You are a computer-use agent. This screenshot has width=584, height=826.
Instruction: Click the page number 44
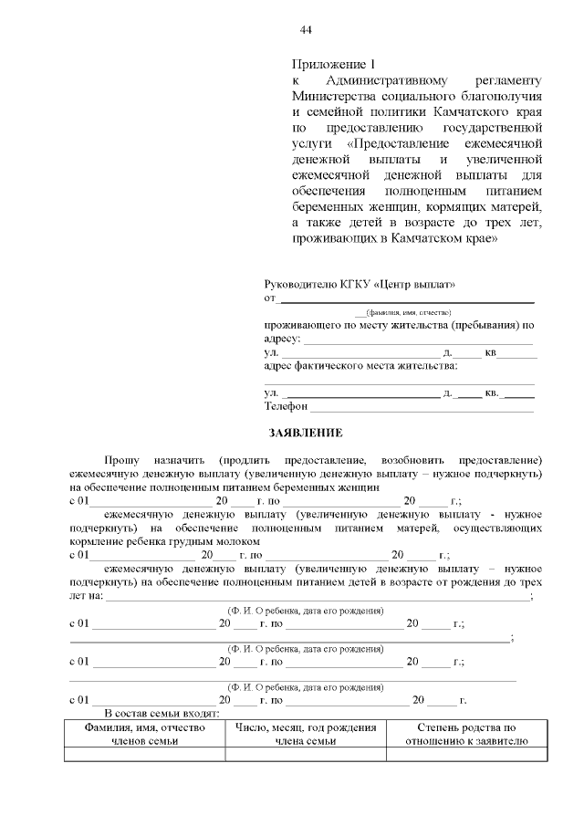click(307, 30)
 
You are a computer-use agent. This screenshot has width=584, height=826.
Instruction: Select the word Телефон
click(287, 406)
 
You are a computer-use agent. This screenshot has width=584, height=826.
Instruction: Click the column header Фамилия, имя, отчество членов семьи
click(144, 735)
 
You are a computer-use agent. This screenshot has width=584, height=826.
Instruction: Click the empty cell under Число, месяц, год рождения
click(306, 754)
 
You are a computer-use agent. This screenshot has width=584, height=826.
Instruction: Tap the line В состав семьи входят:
click(162, 713)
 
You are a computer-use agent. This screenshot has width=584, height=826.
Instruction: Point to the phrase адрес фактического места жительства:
click(361, 366)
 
